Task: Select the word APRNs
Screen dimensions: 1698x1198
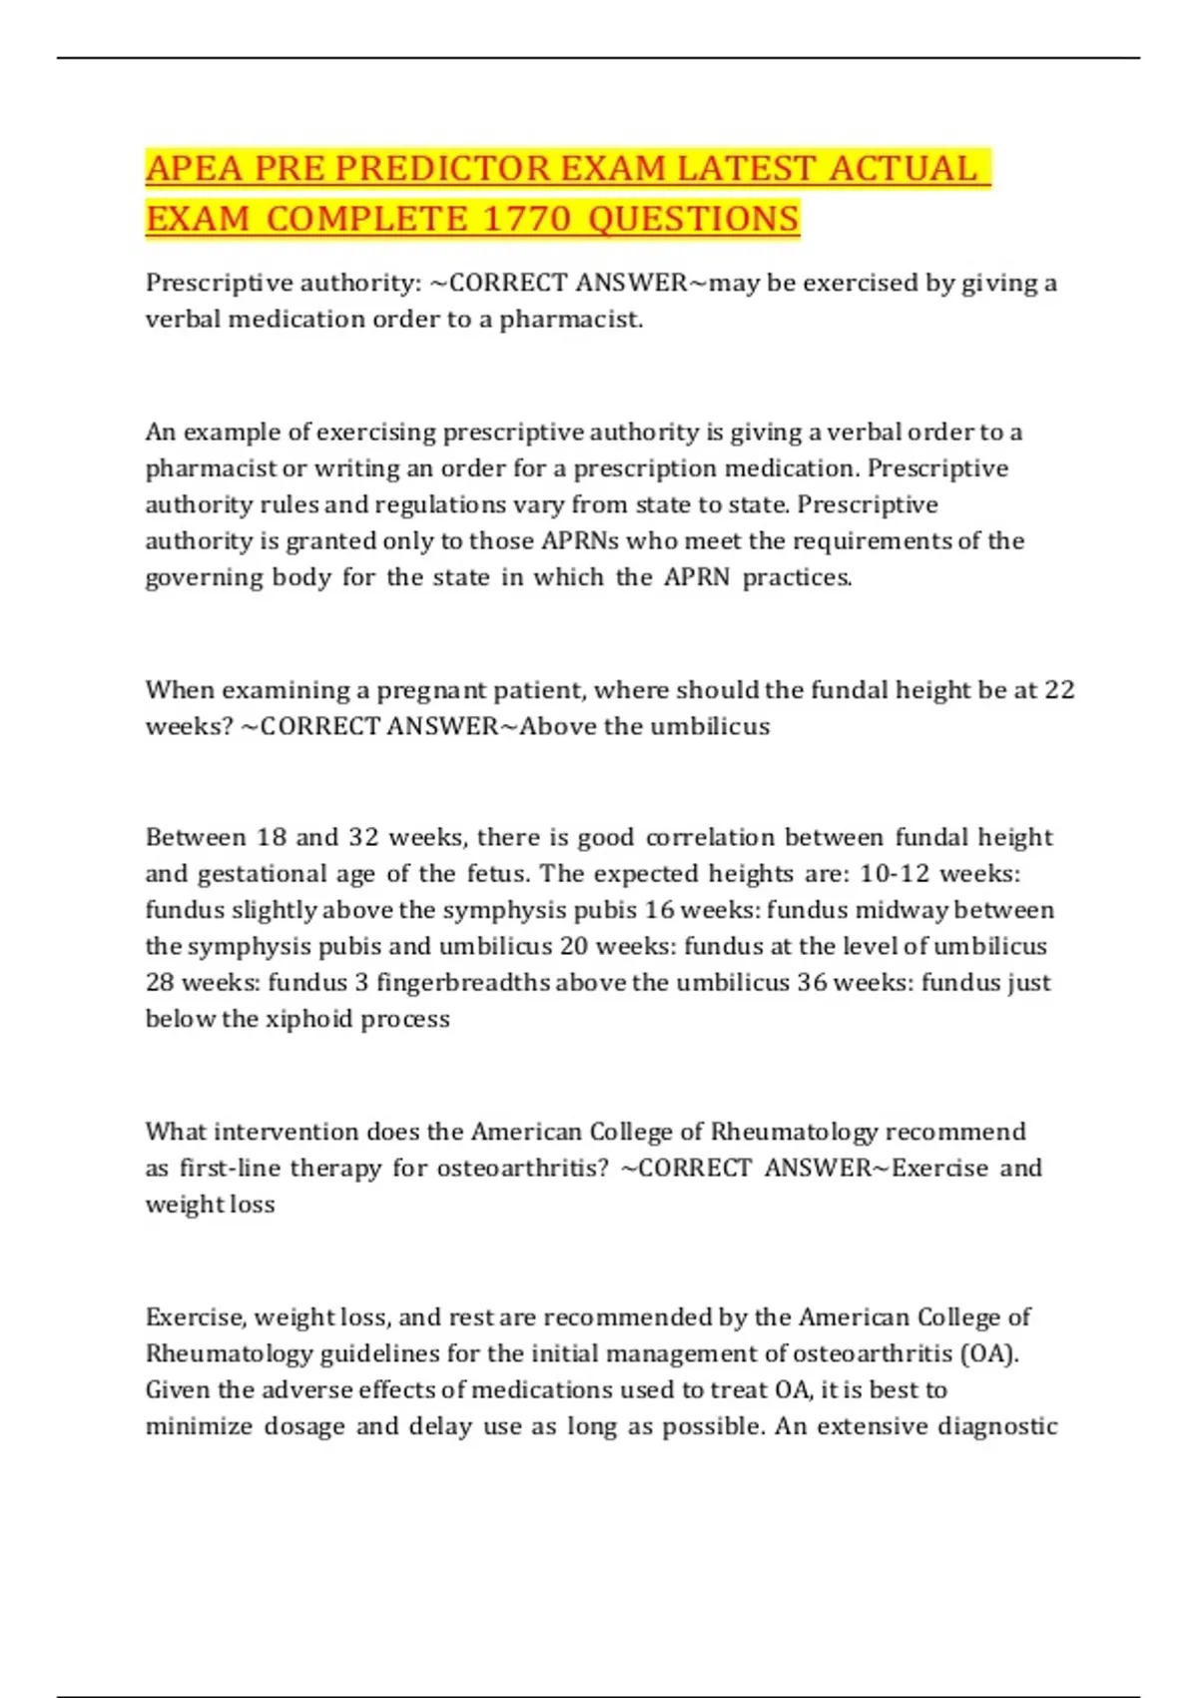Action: (580, 541)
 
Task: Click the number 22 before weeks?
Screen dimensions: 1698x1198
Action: (1058, 690)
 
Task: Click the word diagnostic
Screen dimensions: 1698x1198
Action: (997, 1426)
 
